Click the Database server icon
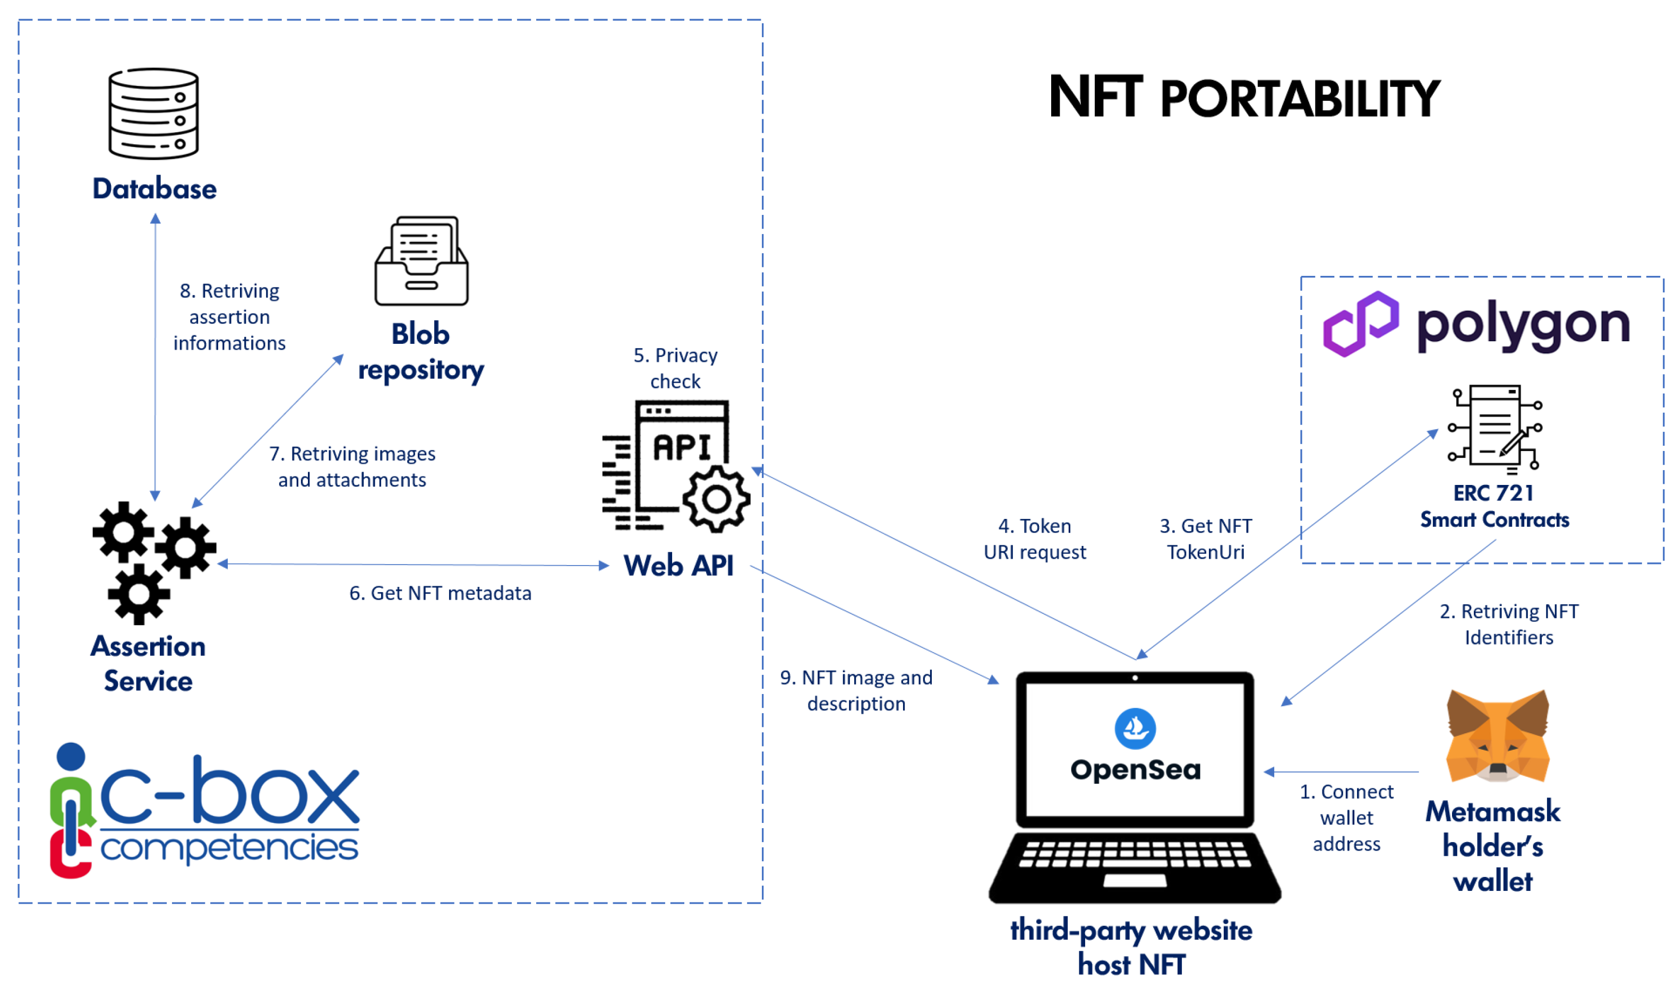tap(153, 114)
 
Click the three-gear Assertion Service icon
tap(153, 562)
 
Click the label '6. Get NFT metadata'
tap(440, 593)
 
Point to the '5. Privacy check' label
tap(675, 368)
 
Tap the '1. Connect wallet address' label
tap(1346, 818)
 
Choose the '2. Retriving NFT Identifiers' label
tap(1508, 624)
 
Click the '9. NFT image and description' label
tap(856, 690)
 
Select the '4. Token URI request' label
tap(1034, 539)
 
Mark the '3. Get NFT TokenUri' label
tap(1206, 539)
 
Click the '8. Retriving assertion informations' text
tap(229, 317)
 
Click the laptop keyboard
tap(1133, 854)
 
